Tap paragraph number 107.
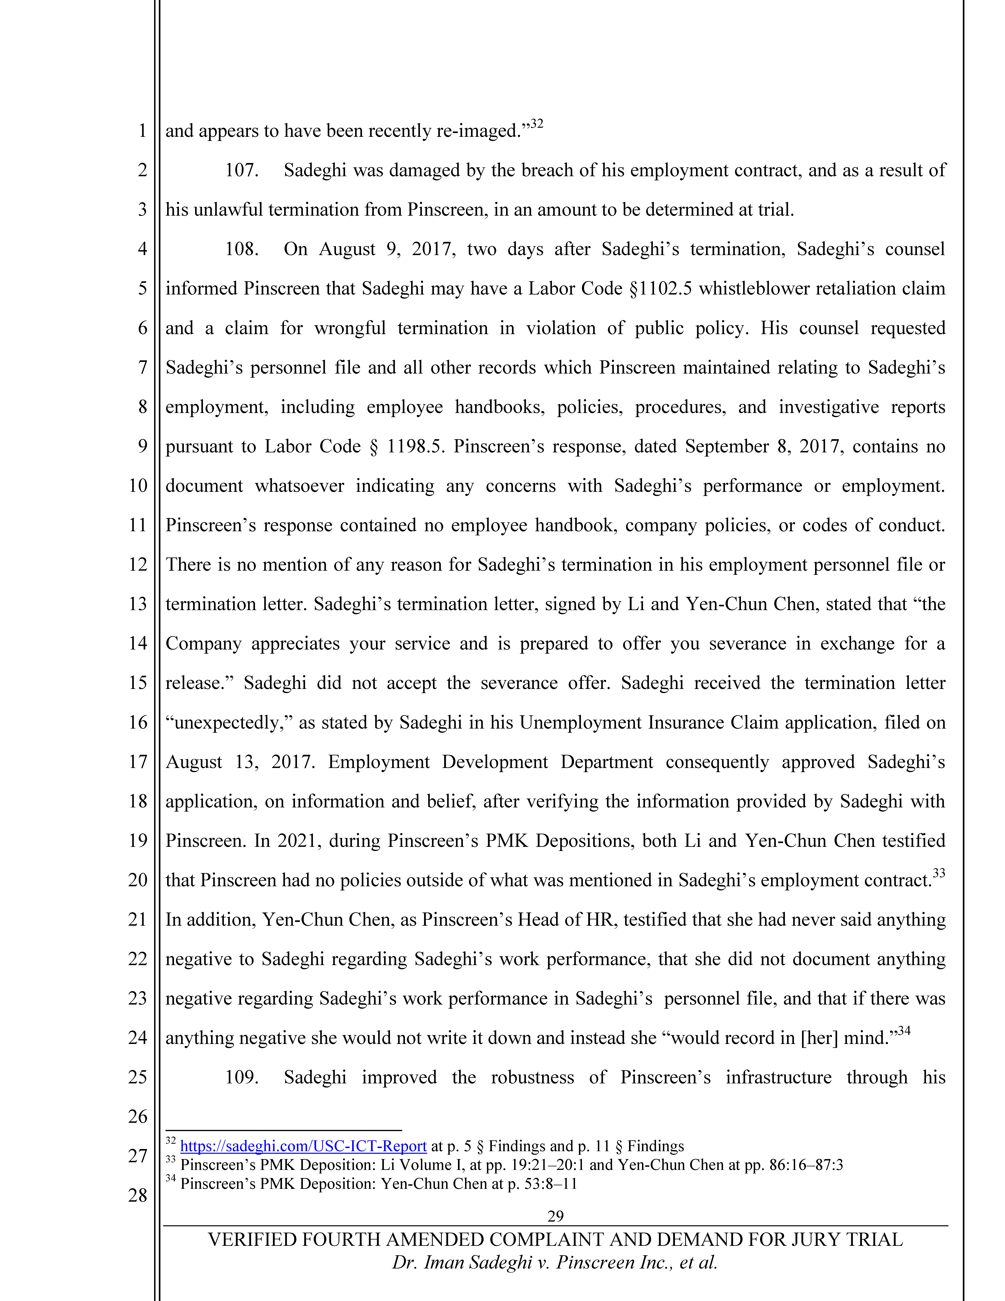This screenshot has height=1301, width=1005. point(241,170)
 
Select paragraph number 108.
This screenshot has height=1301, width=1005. point(241,249)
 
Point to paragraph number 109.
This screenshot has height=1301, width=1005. point(241,1077)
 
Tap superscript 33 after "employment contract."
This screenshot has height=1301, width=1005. point(939,873)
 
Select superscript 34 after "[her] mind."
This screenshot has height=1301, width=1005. point(904,1031)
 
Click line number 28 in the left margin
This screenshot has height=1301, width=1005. point(138,1195)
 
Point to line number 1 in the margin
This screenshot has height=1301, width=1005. point(142,130)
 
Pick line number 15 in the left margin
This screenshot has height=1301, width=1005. point(138,683)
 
